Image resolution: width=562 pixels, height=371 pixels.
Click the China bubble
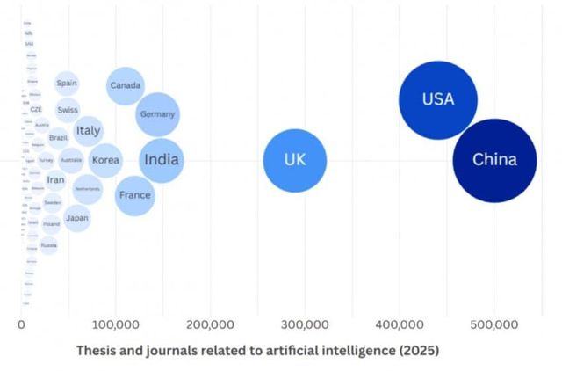pyautogui.click(x=494, y=160)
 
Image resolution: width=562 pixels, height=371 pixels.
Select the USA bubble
pyautogui.click(x=437, y=99)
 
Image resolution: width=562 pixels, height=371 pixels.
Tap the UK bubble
pyautogui.click(x=295, y=160)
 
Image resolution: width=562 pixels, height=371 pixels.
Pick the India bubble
pyautogui.click(x=162, y=160)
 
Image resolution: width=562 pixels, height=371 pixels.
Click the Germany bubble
pyautogui.click(x=158, y=114)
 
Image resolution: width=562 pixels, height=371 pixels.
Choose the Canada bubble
pyautogui.click(x=126, y=85)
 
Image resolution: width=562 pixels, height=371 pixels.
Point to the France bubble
pyautogui.click(x=134, y=195)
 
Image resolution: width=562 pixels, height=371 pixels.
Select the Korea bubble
pyautogui.click(x=105, y=161)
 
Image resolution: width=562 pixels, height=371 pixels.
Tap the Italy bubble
pyautogui.click(x=88, y=131)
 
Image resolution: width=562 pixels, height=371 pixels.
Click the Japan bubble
pyautogui.click(x=77, y=218)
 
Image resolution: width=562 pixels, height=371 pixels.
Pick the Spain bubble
pyautogui.click(x=66, y=84)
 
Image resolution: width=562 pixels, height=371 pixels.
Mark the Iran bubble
pyautogui.click(x=55, y=179)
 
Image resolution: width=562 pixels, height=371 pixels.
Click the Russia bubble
pyautogui.click(x=49, y=245)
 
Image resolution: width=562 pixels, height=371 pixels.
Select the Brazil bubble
pyautogui.click(x=58, y=138)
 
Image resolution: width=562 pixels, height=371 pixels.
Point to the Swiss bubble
pyautogui.click(x=67, y=110)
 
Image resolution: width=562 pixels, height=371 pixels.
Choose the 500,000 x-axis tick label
pyautogui.click(x=494, y=324)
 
